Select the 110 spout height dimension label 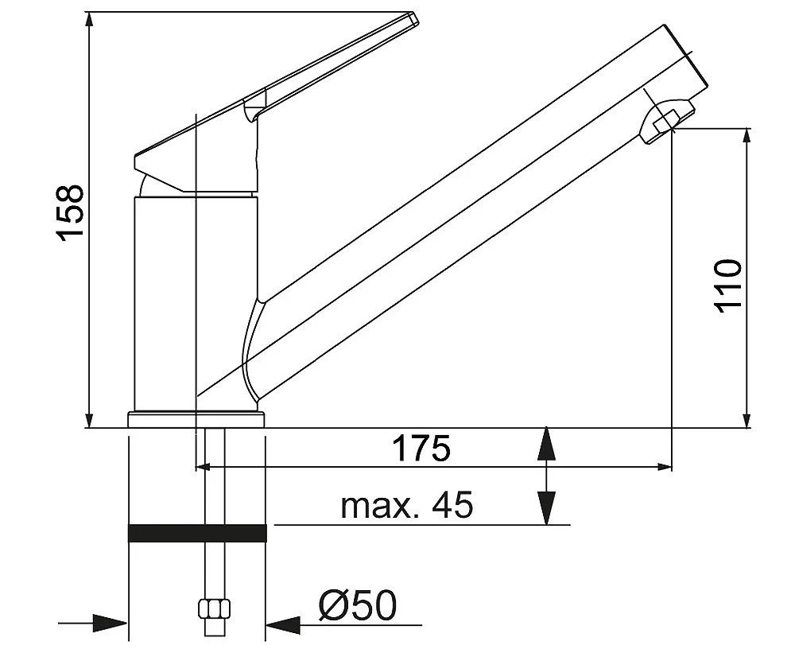(x=728, y=286)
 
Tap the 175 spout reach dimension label (x=421, y=449)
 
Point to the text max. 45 (x=406, y=505)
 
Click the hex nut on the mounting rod (x=213, y=610)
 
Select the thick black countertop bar (x=197, y=534)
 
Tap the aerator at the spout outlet (x=666, y=119)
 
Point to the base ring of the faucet (x=195, y=419)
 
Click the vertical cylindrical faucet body (x=195, y=302)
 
